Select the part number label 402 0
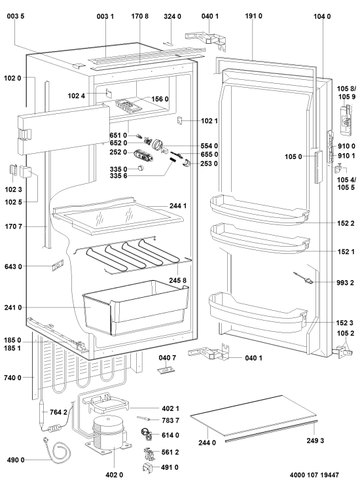pos(114,475)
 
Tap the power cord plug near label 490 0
pos(46,441)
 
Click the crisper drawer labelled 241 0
pos(136,308)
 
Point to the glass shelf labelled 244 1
pos(118,215)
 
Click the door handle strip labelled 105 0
pos(318,167)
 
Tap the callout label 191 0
pos(253,16)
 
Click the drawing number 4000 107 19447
pos(314,475)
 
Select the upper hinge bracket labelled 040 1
pos(206,39)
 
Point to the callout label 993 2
pos(345,283)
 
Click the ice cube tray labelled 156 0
pos(129,106)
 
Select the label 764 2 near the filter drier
pos(58,412)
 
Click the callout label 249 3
pos(315,440)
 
